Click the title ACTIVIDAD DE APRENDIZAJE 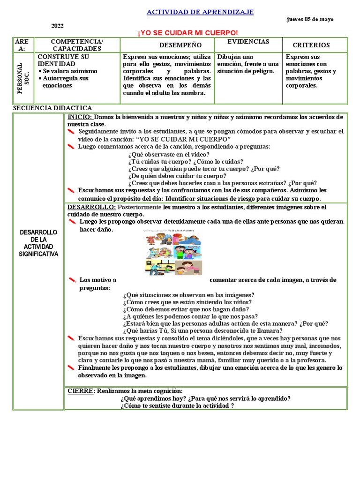200,12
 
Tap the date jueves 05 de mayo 310,19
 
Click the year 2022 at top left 57,26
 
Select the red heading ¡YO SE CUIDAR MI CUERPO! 187,32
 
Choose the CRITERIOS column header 311,45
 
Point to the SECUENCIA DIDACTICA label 53,108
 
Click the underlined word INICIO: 80,117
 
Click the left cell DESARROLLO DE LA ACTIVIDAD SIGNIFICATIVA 38,243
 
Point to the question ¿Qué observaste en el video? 168,154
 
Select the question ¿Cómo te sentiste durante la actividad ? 177,405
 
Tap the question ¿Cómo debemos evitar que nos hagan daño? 186,309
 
